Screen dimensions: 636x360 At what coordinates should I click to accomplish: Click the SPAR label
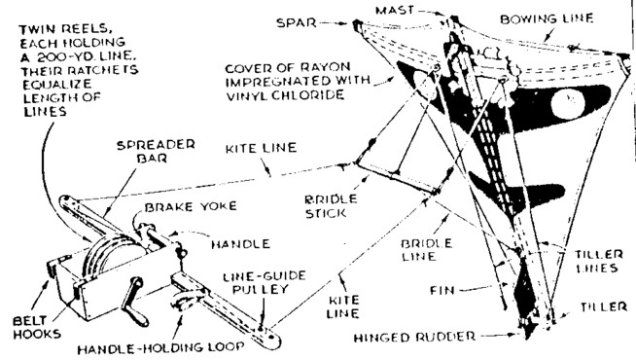click(x=296, y=22)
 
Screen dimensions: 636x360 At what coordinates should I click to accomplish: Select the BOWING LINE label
click(x=547, y=19)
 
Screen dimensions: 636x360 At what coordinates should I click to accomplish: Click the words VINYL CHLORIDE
click(x=285, y=95)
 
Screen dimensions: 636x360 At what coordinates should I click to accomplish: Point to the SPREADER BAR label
click(x=156, y=152)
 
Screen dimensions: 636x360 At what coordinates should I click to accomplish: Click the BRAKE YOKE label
click(x=191, y=206)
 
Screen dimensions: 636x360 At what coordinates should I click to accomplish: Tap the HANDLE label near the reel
click(x=240, y=244)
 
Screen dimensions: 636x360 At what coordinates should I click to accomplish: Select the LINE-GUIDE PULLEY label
click(x=265, y=282)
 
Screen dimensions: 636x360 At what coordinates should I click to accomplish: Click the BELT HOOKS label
click(x=37, y=328)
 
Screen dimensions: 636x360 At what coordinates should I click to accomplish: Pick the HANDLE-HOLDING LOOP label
click(x=161, y=348)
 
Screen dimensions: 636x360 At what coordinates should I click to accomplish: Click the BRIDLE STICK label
click(x=331, y=205)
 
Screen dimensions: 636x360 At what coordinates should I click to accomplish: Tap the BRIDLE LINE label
click(x=426, y=250)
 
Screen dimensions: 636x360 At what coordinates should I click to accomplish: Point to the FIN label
click(x=442, y=291)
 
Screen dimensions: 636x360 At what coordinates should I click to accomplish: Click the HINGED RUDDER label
click(x=414, y=338)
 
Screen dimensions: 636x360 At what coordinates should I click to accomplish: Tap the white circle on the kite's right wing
click(x=567, y=103)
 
